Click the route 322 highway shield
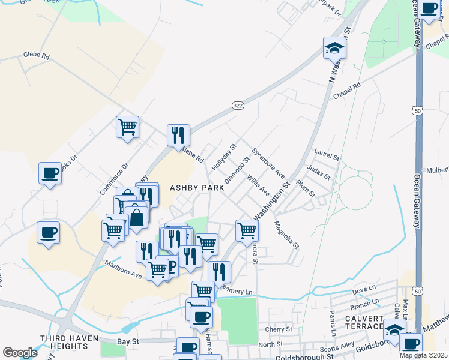tap(238, 106)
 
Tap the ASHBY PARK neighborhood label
tap(197, 188)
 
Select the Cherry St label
tap(279, 329)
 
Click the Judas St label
tap(318, 173)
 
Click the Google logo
tap(20, 353)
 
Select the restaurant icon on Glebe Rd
tap(178, 136)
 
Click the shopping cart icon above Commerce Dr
tap(127, 127)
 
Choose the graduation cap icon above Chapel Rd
tap(334, 48)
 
